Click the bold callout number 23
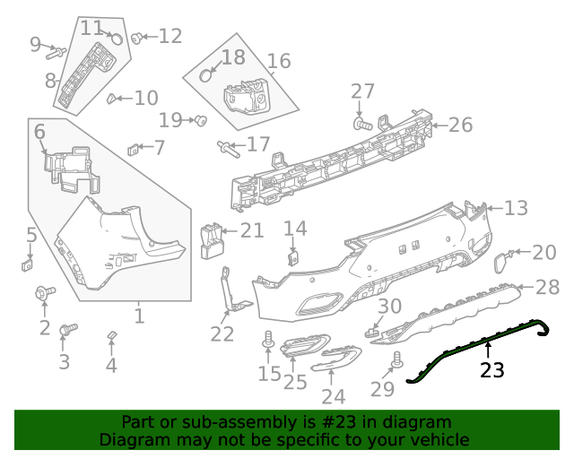492,369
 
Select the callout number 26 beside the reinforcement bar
459,125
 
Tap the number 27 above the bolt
362,91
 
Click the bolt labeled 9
55,51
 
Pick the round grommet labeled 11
116,39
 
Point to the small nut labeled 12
137,38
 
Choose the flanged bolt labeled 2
44,292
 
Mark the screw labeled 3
64,331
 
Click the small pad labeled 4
111,335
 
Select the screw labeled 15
268,340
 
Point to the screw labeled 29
396,359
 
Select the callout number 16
279,61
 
